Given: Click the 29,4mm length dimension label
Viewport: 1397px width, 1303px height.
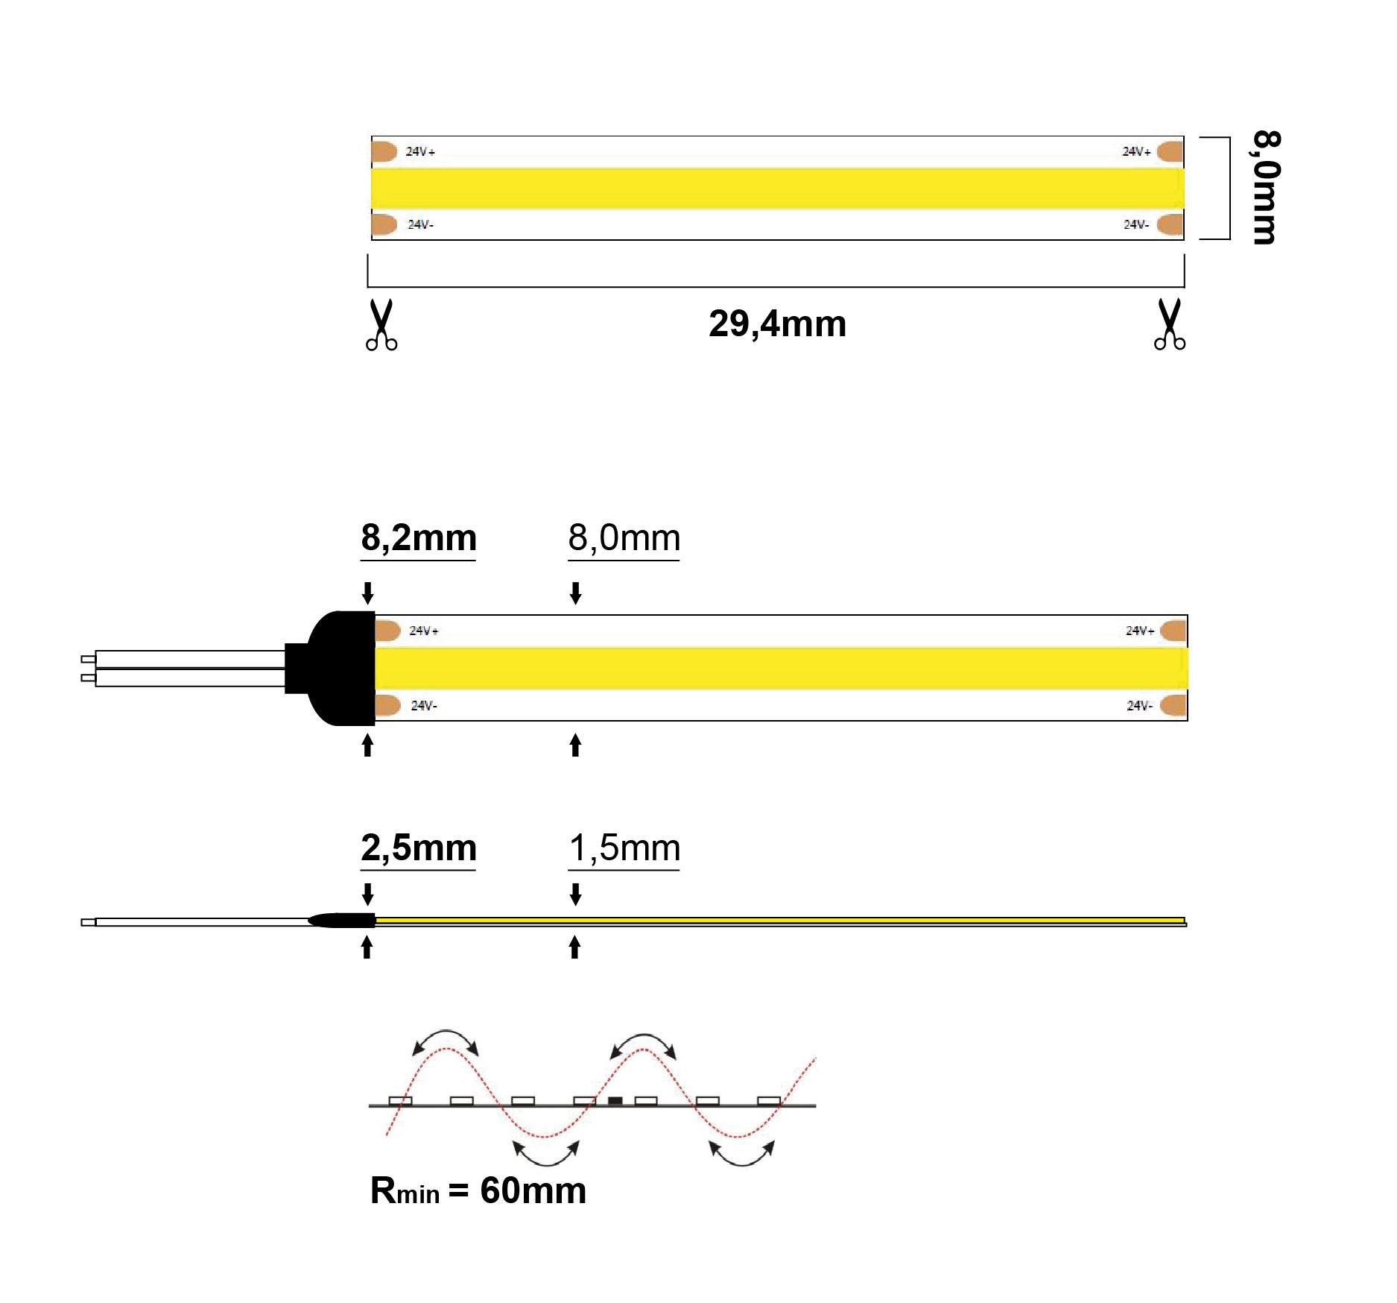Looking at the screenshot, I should (x=777, y=324).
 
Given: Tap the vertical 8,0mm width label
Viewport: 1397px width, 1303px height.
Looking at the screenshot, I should (x=1266, y=188).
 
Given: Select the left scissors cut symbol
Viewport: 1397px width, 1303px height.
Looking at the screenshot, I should (x=381, y=325).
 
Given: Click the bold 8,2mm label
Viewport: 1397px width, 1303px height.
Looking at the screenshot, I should (x=419, y=538).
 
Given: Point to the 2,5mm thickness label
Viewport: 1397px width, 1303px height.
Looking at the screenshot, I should (x=419, y=848).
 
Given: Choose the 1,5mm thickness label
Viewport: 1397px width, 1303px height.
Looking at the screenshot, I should (x=624, y=848).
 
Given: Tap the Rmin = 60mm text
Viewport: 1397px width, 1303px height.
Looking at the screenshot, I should (x=478, y=1190).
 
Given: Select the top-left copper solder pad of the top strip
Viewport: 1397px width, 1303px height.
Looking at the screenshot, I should (x=384, y=151).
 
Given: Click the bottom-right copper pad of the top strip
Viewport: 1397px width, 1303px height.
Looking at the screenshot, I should (x=1171, y=224).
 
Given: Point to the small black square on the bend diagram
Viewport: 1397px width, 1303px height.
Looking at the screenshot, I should (x=615, y=1100).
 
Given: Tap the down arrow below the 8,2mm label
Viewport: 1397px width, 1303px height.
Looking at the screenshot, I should (x=367, y=593).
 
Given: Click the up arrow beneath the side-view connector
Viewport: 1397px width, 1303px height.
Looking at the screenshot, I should (x=367, y=947).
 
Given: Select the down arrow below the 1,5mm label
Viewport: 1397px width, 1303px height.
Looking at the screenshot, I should (x=575, y=894).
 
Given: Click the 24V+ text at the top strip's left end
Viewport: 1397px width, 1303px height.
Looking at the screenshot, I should (x=420, y=152).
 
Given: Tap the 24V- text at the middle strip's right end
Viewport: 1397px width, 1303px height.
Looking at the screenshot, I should (x=1139, y=706).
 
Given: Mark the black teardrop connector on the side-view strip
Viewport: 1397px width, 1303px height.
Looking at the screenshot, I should (x=341, y=921).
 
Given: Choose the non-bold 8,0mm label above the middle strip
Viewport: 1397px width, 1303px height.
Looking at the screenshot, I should (x=624, y=538).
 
